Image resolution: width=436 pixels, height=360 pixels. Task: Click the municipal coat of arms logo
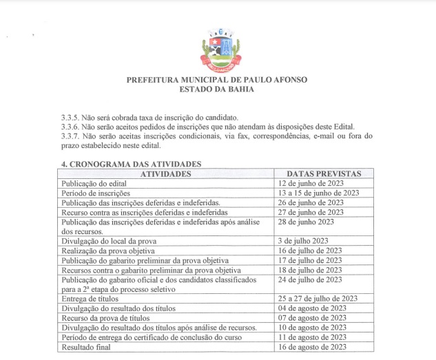coord(217,47)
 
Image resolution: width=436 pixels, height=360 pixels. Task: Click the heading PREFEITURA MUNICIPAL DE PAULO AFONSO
coord(217,80)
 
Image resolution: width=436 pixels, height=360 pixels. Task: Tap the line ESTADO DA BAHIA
coord(217,89)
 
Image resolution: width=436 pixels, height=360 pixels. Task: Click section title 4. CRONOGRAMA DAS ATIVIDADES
coord(131,165)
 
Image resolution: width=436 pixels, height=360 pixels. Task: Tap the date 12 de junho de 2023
coord(311,184)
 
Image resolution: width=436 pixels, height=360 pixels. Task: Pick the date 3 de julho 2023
coord(307,241)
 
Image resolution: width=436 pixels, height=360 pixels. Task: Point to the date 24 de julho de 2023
coord(310,279)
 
